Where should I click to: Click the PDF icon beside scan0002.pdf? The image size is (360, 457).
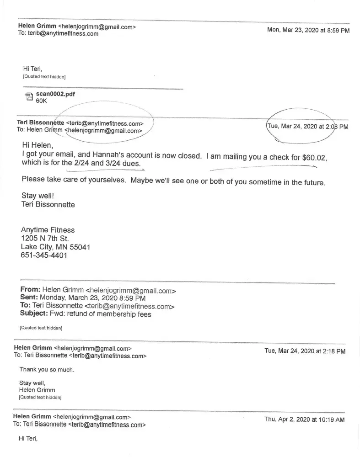pos(29,96)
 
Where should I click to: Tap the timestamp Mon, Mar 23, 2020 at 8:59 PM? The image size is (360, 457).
pos(308,30)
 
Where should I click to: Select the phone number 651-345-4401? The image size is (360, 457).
pos(44,255)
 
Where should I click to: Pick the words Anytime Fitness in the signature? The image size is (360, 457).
pos(48,230)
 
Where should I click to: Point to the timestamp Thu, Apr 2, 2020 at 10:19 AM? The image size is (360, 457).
pos(304,419)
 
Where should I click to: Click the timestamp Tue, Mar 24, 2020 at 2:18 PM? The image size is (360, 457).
pos(305,351)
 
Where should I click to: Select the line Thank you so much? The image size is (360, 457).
pos(46,369)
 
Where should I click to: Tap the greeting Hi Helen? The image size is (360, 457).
pos(38,145)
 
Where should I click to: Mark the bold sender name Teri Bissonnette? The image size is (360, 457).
pos(40,123)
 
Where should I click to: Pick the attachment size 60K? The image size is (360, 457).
pos(41,101)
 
